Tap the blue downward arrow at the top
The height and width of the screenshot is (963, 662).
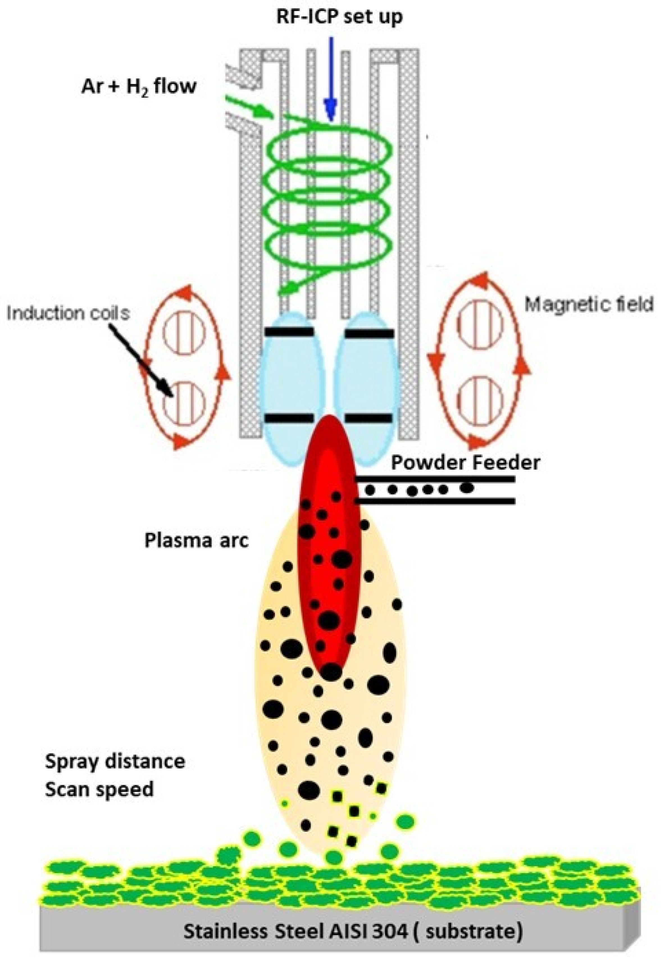coord(331,79)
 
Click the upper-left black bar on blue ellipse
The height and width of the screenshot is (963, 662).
coord(289,332)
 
